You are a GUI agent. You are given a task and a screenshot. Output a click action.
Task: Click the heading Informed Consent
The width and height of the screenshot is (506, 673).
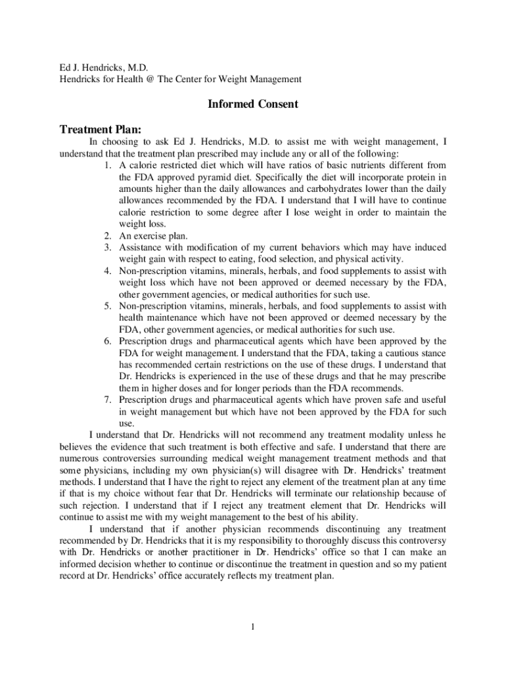click(253, 104)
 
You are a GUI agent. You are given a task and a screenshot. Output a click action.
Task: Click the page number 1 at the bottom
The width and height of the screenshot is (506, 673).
click(252, 626)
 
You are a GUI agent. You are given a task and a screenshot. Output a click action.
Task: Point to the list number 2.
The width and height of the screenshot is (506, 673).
click(108, 235)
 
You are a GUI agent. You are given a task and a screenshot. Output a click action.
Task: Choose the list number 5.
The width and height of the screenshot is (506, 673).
click(108, 306)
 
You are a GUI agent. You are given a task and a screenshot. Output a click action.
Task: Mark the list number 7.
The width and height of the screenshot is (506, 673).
click(108, 400)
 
